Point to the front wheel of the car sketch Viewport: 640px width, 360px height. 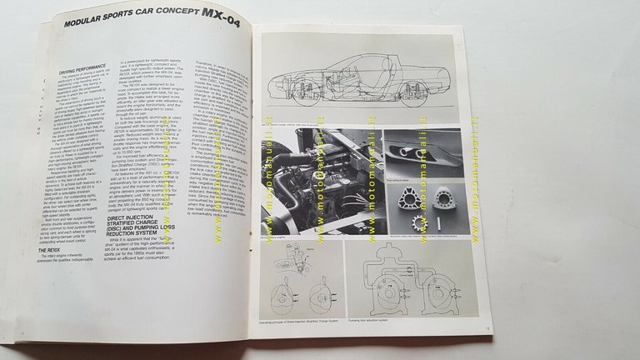click(306, 94)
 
